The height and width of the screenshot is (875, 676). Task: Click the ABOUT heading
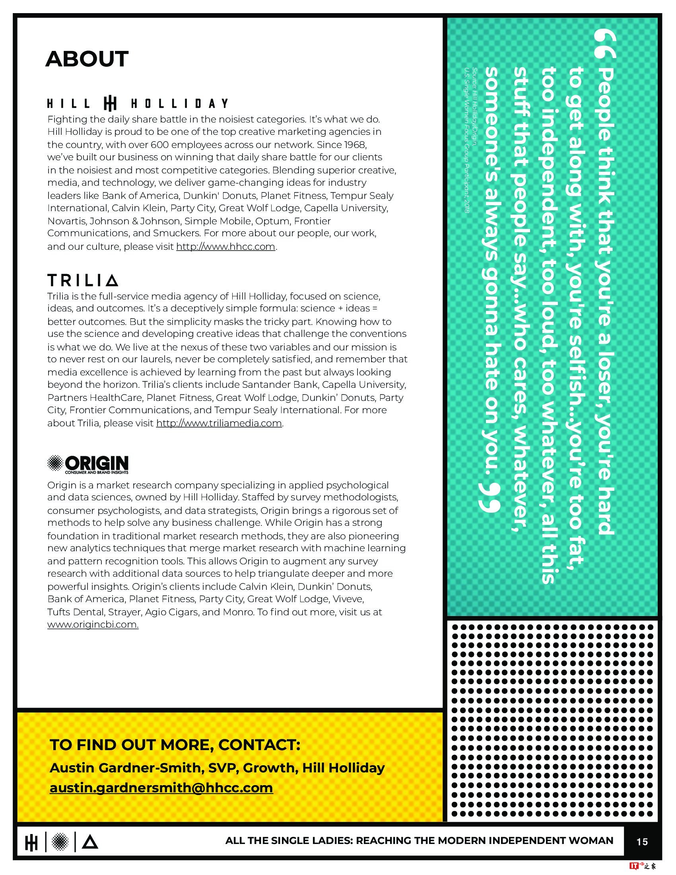[x=87, y=59]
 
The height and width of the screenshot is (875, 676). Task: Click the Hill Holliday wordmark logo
[x=137, y=104]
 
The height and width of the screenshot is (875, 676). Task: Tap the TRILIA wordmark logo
[x=82, y=280]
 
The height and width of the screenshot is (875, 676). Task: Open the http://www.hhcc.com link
[x=225, y=247]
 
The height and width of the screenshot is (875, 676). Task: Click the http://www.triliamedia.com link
[x=219, y=424]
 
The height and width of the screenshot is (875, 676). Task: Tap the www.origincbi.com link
[x=93, y=624]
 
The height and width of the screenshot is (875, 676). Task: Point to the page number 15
[x=642, y=842]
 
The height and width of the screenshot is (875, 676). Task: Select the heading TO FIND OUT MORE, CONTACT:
[x=175, y=745]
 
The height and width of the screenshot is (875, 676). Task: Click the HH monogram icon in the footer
[x=31, y=842]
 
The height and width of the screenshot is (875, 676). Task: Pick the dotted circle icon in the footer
[x=60, y=842]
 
